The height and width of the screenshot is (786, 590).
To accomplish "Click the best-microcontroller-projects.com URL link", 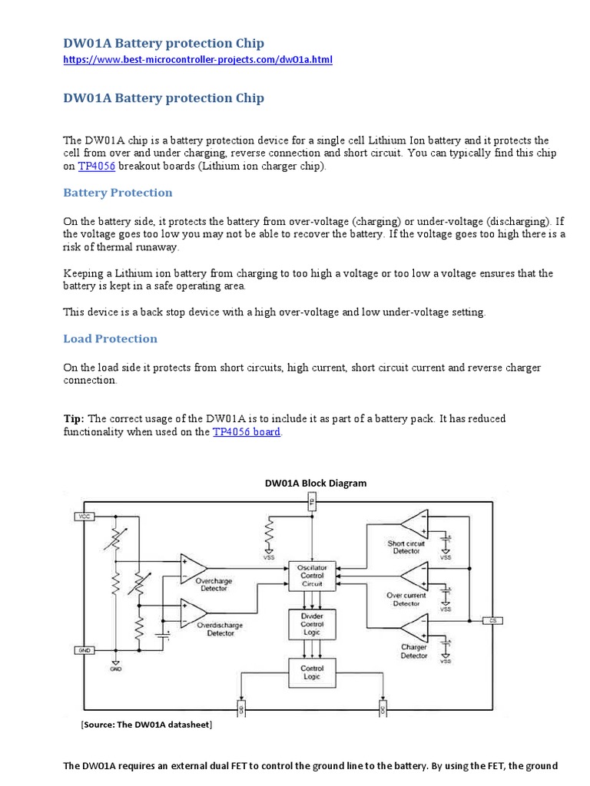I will (x=197, y=59).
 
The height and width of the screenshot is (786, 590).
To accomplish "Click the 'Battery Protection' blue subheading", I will (x=118, y=193).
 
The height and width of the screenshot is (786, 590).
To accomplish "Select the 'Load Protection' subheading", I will (x=110, y=339).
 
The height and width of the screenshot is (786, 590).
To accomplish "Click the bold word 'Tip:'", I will (x=75, y=419).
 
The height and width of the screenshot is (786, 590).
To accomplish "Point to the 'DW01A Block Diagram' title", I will (x=316, y=484).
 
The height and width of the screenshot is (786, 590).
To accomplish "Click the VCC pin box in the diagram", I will (x=83, y=517).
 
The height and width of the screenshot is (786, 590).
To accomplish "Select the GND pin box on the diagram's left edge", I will (x=83, y=649).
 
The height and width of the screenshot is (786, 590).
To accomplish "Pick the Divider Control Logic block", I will (x=311, y=624).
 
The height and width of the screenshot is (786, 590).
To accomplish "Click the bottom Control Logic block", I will (x=311, y=673).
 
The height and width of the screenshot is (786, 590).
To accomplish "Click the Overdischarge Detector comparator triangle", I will (x=192, y=612).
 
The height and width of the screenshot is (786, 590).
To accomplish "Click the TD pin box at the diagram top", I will (x=311, y=503).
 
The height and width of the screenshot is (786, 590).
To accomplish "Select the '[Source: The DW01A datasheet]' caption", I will (x=146, y=725).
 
